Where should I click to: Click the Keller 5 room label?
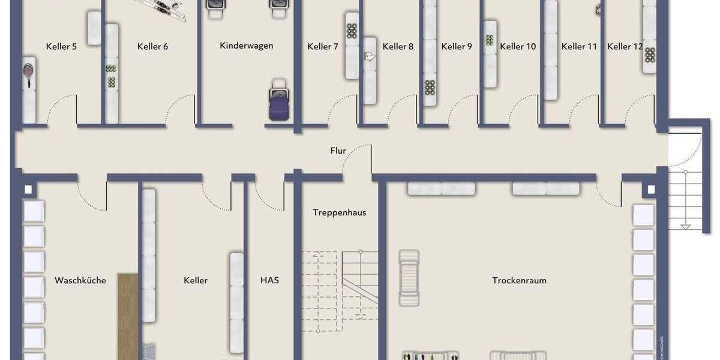[62, 46]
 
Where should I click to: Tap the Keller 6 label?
[152, 46]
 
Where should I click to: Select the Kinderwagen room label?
[247, 46]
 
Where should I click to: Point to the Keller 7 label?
[323, 46]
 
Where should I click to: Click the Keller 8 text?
[398, 46]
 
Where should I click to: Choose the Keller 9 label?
[457, 46]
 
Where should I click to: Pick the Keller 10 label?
[518, 46]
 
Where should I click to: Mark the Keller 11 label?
[579, 46]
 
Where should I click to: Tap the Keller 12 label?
[624, 46]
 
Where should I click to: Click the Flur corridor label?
[338, 151]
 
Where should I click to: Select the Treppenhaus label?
[339, 212]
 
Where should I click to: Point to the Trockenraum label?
[519, 280]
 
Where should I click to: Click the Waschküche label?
[80, 280]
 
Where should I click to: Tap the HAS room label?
[269, 280]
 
